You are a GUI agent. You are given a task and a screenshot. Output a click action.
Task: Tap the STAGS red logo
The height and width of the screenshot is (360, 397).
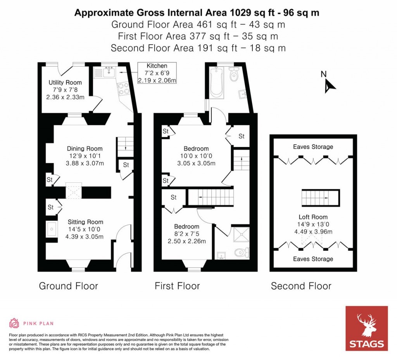366,328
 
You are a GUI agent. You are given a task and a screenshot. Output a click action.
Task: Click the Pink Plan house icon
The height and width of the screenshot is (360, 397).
14,323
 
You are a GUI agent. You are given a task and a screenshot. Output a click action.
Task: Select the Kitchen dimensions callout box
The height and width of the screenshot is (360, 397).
157,73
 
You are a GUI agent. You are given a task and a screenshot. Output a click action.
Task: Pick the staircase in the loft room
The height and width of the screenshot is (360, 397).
320,198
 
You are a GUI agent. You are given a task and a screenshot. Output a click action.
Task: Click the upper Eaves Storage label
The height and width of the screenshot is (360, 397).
313,147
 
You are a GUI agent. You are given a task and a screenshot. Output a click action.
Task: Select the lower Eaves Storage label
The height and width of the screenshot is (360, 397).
313,259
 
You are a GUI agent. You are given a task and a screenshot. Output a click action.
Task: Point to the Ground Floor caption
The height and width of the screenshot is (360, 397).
68,286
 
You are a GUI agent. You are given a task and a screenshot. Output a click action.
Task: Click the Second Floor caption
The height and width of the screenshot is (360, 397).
301,286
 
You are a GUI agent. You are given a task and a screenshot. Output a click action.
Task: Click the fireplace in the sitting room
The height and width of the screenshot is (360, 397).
51,230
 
